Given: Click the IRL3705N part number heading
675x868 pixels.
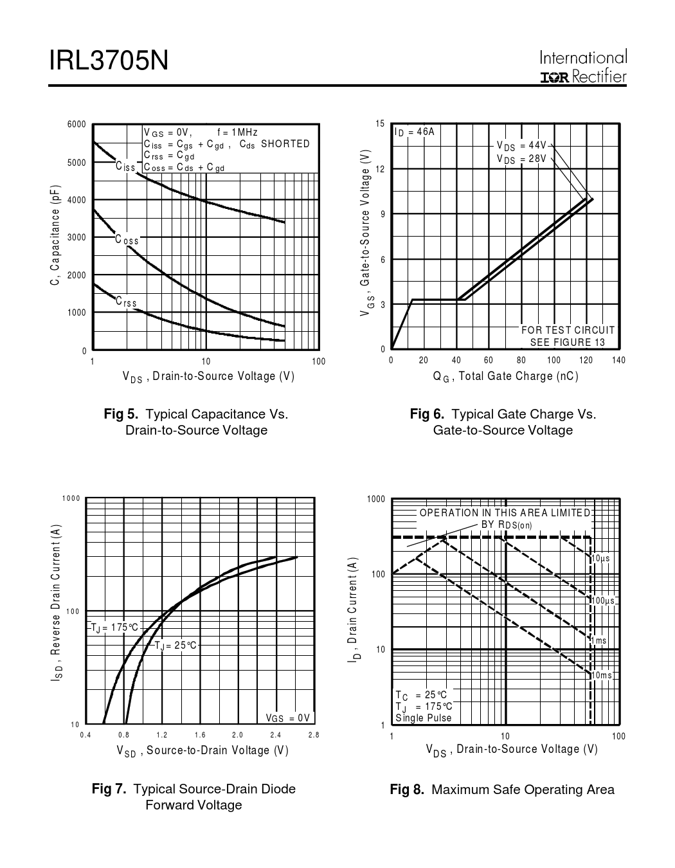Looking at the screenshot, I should (109, 61).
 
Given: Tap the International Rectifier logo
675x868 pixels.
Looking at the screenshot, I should (583, 68).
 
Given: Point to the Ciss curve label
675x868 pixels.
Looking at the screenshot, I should (126, 167).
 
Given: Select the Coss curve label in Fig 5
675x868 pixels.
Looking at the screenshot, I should (127, 240).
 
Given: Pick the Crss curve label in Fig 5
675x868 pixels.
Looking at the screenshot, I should (126, 302).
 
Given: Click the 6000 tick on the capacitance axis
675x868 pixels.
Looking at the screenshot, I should (76, 124).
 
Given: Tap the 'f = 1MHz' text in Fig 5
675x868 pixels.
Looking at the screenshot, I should (237, 132).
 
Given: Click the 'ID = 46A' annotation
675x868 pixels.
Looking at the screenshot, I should (415, 132).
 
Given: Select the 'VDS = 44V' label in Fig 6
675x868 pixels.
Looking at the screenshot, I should (521, 145).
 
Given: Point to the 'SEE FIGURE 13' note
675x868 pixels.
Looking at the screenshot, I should (568, 342).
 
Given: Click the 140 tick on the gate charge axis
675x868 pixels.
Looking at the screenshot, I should (618, 360).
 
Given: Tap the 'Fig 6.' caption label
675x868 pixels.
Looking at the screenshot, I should (428, 414).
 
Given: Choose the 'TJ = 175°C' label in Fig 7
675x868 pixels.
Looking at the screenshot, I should (114, 627).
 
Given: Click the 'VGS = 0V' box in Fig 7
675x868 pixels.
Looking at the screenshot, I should (287, 718).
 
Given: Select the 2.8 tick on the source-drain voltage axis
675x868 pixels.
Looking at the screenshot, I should (314, 734).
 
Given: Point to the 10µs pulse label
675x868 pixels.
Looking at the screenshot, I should (601, 559).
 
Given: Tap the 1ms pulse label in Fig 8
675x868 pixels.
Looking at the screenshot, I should (599, 640).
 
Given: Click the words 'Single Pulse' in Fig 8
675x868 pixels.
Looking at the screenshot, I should (424, 718).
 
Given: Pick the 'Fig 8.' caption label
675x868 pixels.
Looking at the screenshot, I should (407, 790).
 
